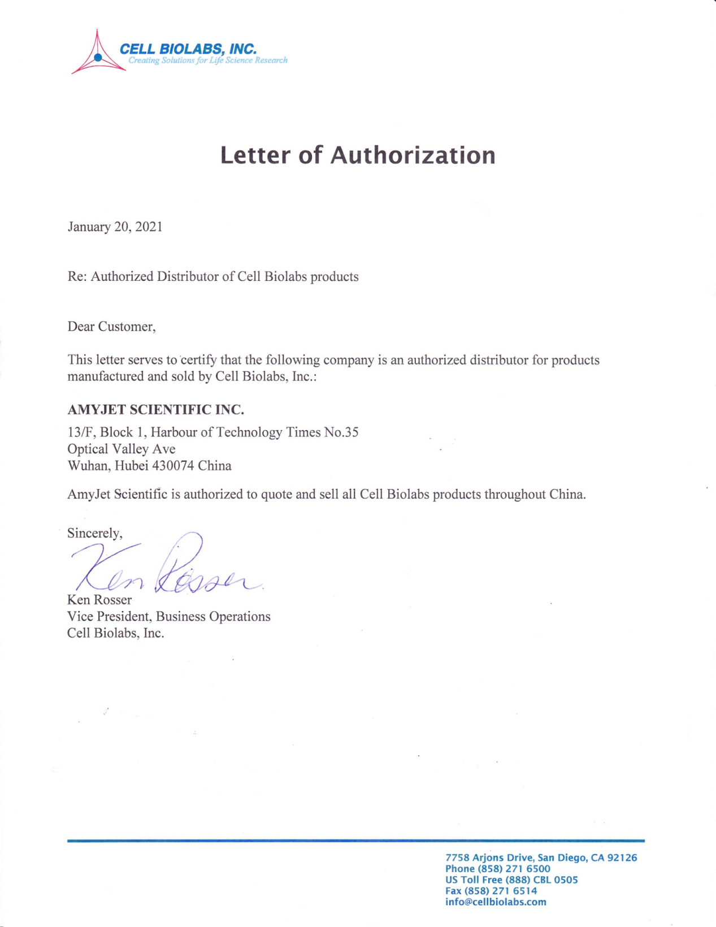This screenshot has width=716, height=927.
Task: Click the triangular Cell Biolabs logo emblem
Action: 98,55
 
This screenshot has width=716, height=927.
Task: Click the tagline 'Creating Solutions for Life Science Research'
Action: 207,60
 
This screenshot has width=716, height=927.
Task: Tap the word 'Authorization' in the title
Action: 413,155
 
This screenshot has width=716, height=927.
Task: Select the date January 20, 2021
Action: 115,227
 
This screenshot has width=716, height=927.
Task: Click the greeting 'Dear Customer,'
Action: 111,326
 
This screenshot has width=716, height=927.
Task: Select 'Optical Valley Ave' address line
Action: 121,449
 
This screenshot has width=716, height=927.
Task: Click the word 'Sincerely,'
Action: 94,532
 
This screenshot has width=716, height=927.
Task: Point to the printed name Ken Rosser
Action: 99,600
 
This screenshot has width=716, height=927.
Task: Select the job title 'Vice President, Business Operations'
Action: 168,616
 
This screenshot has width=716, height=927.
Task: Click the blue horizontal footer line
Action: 356,841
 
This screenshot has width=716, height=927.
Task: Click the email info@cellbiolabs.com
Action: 496,902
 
